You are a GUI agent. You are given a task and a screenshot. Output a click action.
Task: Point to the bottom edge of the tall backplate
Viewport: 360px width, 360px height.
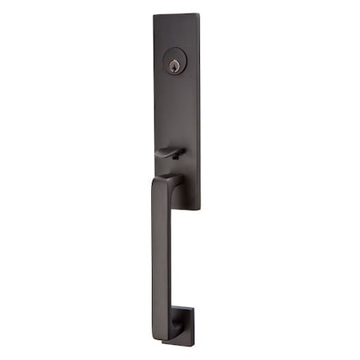click(192, 213)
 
